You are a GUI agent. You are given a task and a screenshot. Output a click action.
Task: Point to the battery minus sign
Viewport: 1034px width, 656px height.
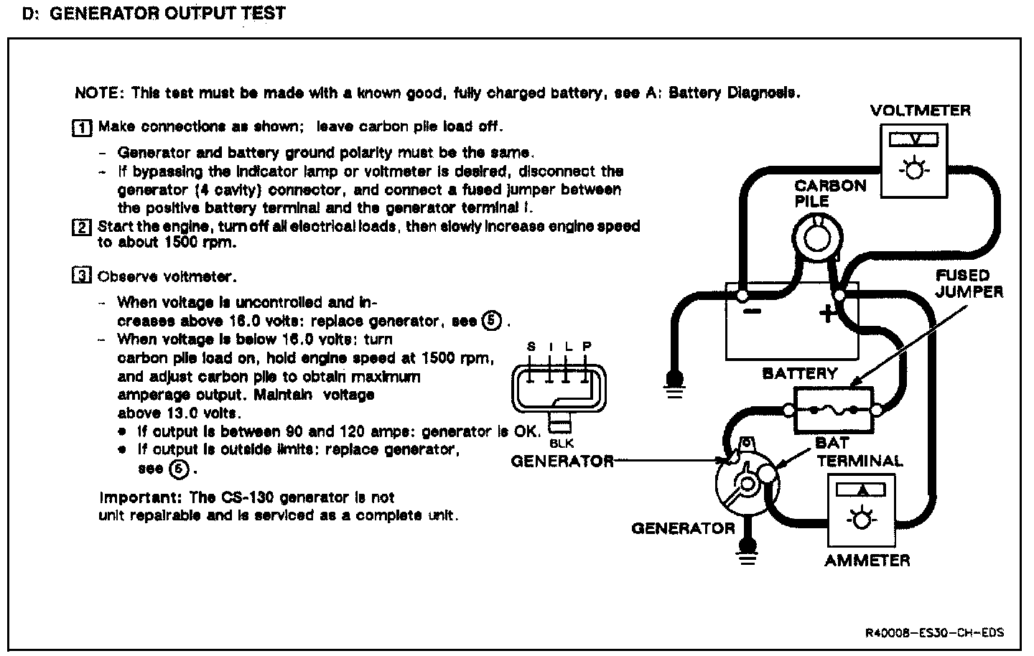pyautogui.click(x=752, y=312)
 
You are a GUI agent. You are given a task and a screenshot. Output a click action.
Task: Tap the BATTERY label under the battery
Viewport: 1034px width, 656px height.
pyautogui.click(x=799, y=373)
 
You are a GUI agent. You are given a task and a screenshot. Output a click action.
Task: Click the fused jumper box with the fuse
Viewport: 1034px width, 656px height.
pyautogui.click(x=833, y=411)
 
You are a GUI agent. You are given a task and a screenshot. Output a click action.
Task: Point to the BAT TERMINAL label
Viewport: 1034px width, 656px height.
pyautogui.click(x=859, y=452)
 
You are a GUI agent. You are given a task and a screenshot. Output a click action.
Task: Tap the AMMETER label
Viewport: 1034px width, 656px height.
pyautogui.click(x=867, y=561)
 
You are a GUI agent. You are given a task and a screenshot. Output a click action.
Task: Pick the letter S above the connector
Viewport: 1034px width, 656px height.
pyautogui.click(x=531, y=347)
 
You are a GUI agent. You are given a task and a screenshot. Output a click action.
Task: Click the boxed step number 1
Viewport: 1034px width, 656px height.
pyautogui.click(x=83, y=128)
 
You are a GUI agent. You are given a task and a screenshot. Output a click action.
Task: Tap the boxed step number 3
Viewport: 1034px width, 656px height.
pyautogui.click(x=82, y=276)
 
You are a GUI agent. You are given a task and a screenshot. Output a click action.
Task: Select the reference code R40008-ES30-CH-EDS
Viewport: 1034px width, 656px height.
pyautogui.click(x=934, y=632)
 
